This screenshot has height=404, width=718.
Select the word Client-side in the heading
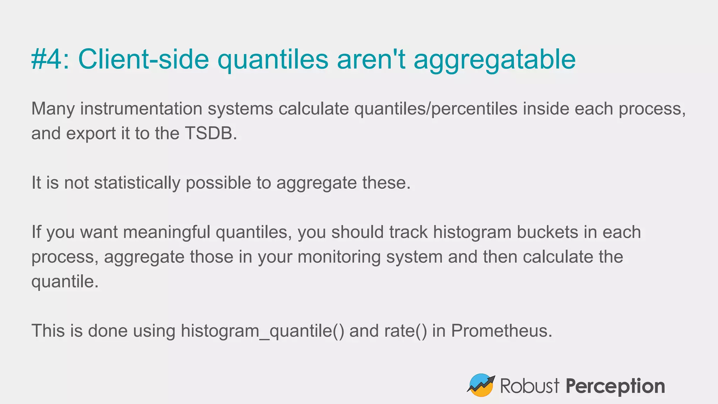click(143, 59)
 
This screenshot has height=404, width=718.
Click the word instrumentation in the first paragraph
click(141, 109)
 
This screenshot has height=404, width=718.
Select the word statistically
click(137, 183)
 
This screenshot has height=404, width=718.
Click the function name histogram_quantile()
click(262, 331)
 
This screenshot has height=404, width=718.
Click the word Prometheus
click(501, 331)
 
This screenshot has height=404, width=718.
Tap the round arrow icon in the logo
click(481, 385)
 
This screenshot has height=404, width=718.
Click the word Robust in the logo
click(529, 386)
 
